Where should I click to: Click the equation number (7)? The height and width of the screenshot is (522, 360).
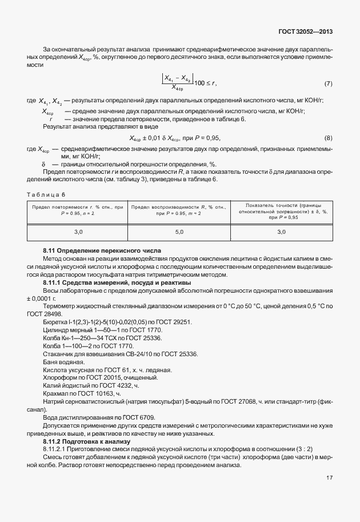point(328,83)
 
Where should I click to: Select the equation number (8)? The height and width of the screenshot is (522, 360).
point(328,138)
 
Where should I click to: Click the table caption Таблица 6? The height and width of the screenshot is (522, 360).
point(47,194)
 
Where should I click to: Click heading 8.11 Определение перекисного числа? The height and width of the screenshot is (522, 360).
point(103,251)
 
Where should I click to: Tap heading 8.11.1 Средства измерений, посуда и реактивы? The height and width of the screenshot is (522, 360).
point(117,282)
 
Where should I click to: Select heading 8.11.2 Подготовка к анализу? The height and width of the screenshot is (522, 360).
point(87,441)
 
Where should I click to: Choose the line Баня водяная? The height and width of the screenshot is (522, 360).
point(64,362)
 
